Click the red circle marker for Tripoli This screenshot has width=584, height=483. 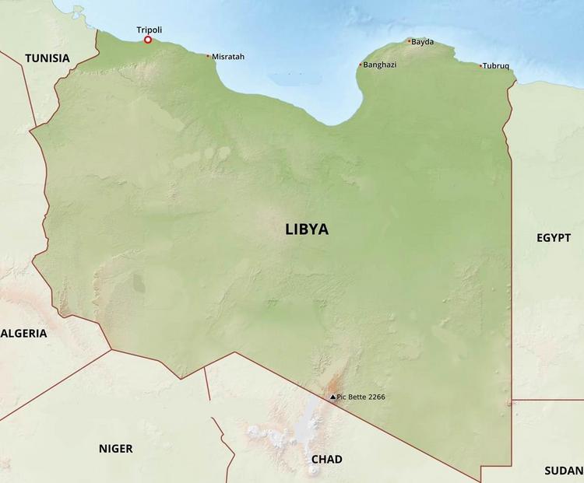[x=148, y=40]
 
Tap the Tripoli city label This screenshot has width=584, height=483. [x=150, y=30]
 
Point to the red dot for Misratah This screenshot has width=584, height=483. [x=208, y=55]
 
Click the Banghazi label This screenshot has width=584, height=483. [x=380, y=65]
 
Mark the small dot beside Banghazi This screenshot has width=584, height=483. [x=361, y=65]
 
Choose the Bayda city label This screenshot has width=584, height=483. [x=423, y=42]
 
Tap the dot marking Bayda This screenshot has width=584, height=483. [x=409, y=41]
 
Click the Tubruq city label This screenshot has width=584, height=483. [x=496, y=66]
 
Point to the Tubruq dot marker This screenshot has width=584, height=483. [x=480, y=65]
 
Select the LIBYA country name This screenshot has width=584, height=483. [x=307, y=229]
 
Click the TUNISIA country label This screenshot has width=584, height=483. [x=47, y=58]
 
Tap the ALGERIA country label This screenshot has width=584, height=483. [x=24, y=333]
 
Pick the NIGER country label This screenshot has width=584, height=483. [x=115, y=449]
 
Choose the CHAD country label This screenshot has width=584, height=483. [x=326, y=460]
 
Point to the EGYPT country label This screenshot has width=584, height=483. [x=554, y=238]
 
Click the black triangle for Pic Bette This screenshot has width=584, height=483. [x=332, y=397]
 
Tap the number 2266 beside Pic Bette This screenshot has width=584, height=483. [x=375, y=397]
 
